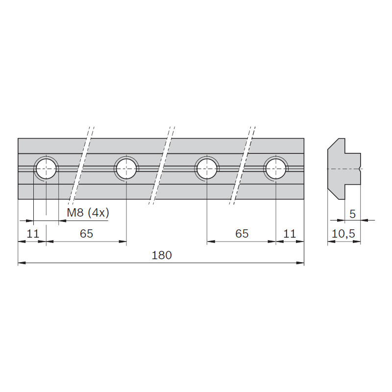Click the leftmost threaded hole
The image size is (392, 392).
click(46, 169)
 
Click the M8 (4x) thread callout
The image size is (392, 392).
click(88, 213)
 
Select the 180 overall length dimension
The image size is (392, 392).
click(162, 255)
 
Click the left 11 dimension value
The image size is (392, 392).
click(33, 234)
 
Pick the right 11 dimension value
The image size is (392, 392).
click(290, 234)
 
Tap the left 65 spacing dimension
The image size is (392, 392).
click(87, 234)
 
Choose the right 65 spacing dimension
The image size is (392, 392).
click(242, 234)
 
